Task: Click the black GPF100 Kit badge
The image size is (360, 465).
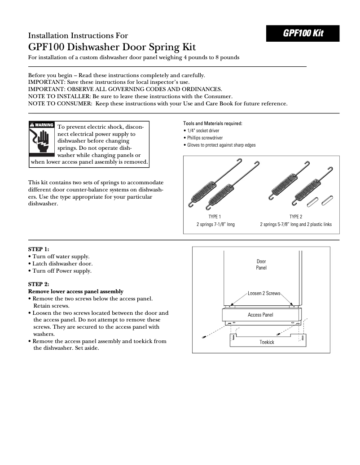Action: (x=303, y=34)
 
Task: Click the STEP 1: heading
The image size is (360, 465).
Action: (x=39, y=249)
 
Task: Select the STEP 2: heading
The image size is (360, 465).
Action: (x=39, y=284)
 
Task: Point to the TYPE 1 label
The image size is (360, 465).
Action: (x=215, y=217)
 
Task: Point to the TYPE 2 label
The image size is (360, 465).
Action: (x=296, y=217)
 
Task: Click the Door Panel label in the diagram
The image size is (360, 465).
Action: (x=261, y=265)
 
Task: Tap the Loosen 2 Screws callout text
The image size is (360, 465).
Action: (x=264, y=293)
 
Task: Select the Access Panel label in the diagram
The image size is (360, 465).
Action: (x=260, y=315)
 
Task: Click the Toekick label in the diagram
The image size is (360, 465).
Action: (x=267, y=342)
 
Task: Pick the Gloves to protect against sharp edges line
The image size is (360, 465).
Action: (x=221, y=145)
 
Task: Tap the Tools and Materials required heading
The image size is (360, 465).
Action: (x=212, y=123)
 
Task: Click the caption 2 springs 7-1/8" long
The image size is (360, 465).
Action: (x=215, y=224)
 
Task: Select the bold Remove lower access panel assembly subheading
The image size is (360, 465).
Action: (x=75, y=291)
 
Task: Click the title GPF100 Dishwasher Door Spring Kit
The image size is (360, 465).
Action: (x=112, y=47)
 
